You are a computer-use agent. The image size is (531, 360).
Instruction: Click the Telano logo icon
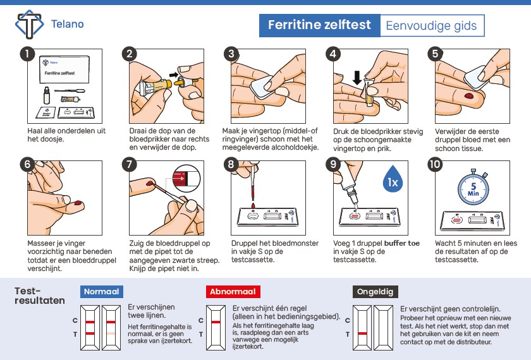(x=30, y=24)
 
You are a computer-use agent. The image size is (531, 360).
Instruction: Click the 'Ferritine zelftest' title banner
(x=319, y=25)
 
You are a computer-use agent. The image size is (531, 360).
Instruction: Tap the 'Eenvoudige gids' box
(x=432, y=25)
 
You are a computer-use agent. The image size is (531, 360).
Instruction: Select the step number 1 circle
(x=27, y=54)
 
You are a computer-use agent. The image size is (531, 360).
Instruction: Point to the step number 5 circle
(x=435, y=54)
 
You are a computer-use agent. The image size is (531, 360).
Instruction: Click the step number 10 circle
(x=435, y=165)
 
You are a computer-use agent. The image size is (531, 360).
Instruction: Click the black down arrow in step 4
(x=357, y=78)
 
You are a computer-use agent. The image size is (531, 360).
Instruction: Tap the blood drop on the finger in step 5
(x=469, y=96)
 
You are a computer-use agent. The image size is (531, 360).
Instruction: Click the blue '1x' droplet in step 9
(x=393, y=179)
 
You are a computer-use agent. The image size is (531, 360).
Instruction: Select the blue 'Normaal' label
(x=102, y=292)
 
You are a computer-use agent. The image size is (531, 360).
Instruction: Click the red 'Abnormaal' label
(x=233, y=292)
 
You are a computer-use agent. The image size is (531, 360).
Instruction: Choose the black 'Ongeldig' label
(x=375, y=292)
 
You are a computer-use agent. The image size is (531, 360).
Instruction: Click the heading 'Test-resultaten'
(x=40, y=296)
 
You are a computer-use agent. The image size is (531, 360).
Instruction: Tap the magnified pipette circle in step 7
(x=186, y=178)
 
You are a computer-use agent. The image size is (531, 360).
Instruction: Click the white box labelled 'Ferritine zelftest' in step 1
(x=64, y=69)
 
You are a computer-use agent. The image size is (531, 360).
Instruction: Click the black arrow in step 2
(x=173, y=75)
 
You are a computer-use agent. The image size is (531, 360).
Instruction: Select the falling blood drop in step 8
(x=253, y=206)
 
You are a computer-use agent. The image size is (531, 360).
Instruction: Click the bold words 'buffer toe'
(x=402, y=243)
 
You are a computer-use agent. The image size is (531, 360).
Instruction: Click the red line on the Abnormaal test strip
(x=216, y=321)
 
